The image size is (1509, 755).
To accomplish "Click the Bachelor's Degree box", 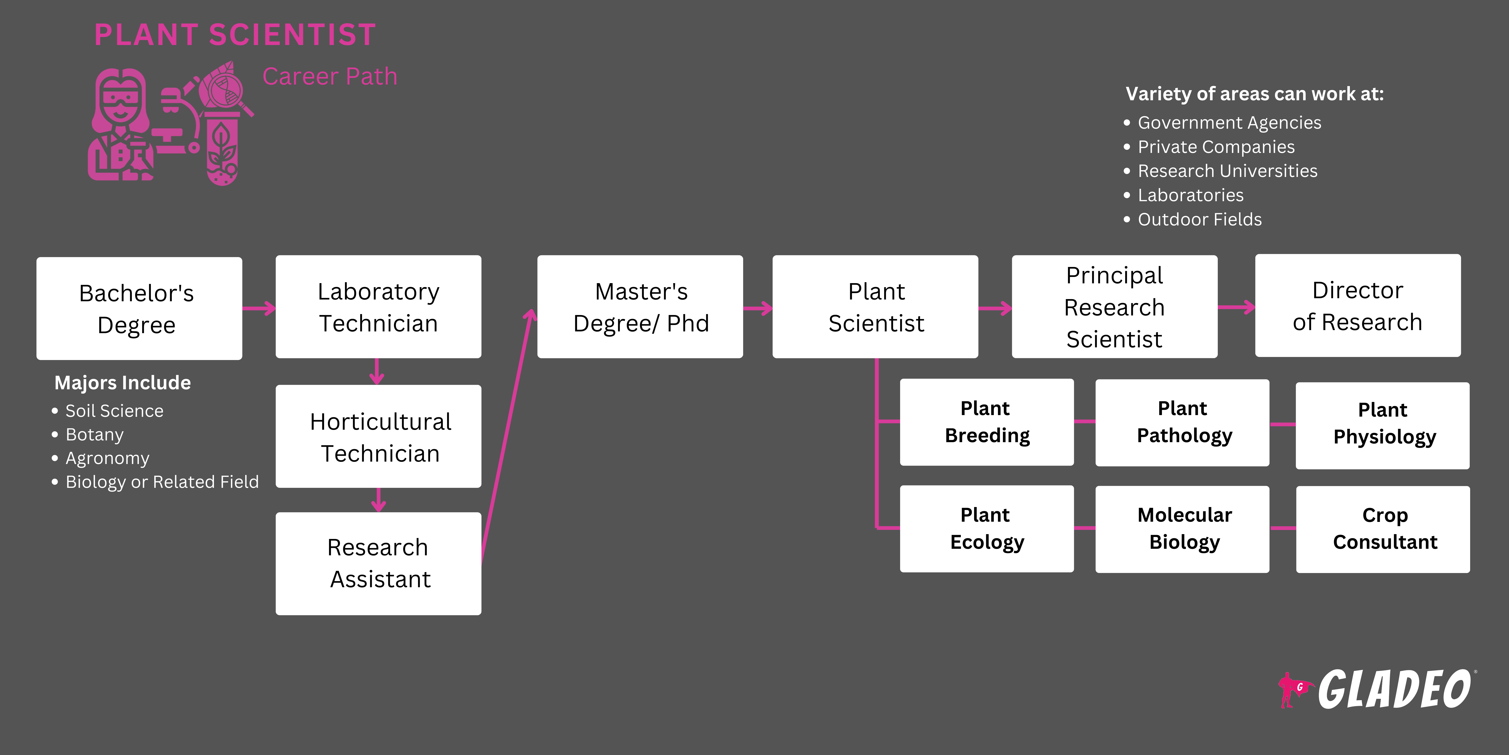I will (139, 308).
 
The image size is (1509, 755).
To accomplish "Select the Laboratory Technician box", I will (378, 307).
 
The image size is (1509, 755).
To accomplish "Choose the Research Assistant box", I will (378, 563).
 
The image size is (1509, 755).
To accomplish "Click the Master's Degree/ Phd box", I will (640, 307).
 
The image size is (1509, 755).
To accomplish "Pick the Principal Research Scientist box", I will (1114, 307).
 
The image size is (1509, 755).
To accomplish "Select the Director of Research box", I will (1357, 305).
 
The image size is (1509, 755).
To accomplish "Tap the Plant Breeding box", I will (987, 422).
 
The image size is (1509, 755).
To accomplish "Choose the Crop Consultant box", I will (1382, 529).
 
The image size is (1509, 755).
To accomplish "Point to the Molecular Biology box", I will (1182, 529).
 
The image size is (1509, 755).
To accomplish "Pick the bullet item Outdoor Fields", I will (1199, 219).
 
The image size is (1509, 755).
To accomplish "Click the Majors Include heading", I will (122, 383).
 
